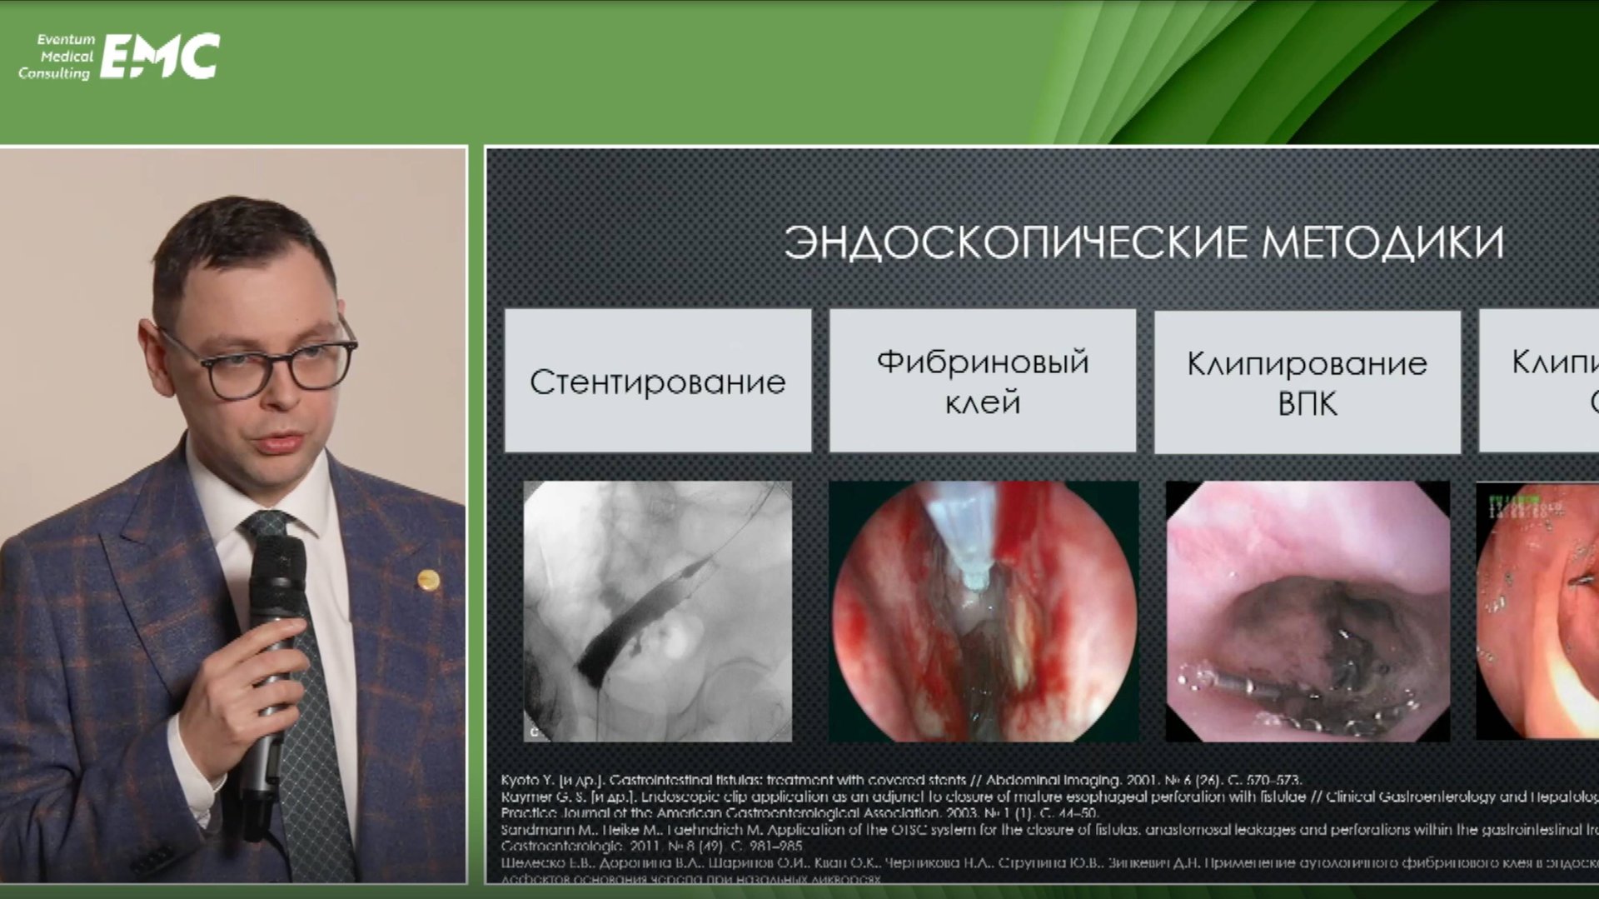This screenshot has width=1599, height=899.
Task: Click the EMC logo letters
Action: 160,57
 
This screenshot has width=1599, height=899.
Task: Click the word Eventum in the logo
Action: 66,39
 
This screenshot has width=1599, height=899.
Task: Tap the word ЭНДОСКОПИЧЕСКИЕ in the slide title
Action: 1015,242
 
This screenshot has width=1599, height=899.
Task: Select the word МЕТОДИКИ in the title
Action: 1382,242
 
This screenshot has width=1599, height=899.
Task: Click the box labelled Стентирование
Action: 658,382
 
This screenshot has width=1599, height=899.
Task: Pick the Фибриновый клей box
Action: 983,382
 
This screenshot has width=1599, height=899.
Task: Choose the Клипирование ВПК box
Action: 1307,382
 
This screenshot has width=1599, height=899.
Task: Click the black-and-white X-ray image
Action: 658,611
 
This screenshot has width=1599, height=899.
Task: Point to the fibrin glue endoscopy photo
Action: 984,611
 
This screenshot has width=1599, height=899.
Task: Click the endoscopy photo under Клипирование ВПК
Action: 1308,611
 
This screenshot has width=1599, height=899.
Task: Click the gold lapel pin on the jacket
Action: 428,579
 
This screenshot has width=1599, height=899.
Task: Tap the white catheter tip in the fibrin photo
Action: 971,575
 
